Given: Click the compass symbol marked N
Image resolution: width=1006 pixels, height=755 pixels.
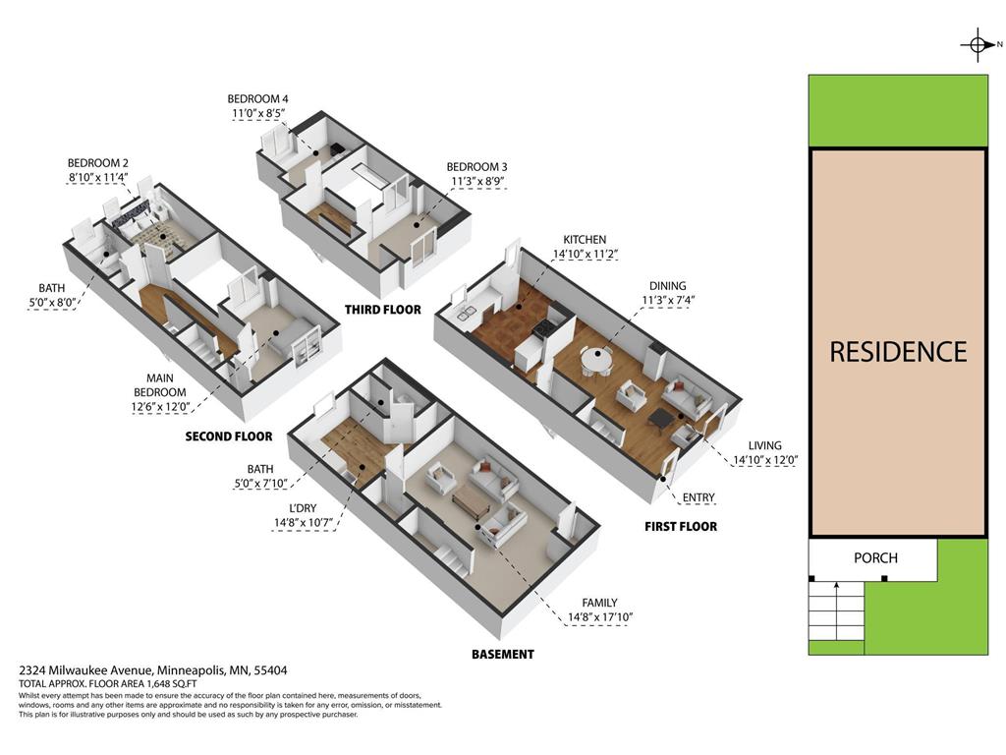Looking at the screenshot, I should (x=978, y=44).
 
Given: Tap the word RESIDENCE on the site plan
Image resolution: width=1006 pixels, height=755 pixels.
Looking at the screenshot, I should (x=898, y=352).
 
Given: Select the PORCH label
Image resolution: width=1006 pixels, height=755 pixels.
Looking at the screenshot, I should (x=875, y=557).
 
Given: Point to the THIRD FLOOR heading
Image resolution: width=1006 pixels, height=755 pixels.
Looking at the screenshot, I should (x=382, y=310).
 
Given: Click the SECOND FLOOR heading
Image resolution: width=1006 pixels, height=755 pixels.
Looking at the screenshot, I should (x=229, y=436).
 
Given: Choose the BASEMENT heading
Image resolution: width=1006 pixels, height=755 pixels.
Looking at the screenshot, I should (x=502, y=654).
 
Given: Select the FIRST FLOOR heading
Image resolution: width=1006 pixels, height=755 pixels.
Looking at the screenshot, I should (x=680, y=526).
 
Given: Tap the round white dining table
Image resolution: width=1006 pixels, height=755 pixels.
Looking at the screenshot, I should (x=596, y=360).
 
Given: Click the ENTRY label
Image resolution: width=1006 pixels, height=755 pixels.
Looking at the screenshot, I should (x=698, y=497).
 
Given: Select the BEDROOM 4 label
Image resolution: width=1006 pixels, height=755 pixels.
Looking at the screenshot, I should (x=257, y=98).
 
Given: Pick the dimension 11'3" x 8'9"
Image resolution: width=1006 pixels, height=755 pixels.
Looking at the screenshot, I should (x=476, y=182).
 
